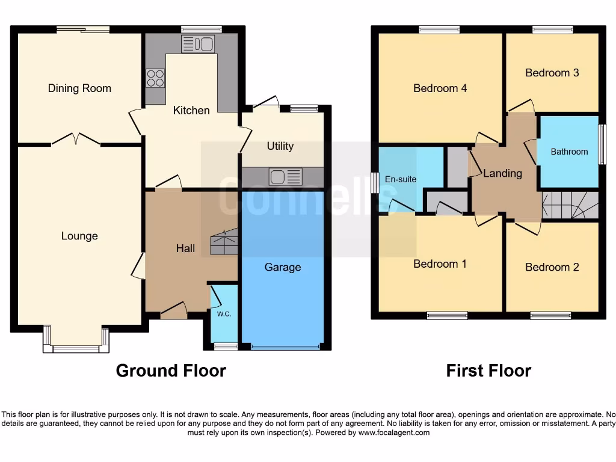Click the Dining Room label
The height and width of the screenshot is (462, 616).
[79, 88]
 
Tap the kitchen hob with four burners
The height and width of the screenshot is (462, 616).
[155, 79]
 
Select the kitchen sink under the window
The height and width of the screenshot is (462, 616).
[198, 43]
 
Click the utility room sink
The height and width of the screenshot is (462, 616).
[286, 177]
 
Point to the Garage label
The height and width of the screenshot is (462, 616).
[282, 267]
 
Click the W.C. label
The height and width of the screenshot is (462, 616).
[224, 313]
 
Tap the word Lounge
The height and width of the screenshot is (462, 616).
[79, 236]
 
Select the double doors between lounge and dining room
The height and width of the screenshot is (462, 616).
[76, 140]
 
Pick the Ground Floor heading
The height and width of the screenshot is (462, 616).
[171, 371]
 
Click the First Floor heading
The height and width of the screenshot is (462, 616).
[488, 371]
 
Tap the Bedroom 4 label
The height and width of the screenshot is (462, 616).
[440, 88]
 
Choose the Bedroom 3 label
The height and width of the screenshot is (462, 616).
[552, 73]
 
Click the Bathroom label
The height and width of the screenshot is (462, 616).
[569, 152]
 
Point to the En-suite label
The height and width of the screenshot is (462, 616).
[401, 179]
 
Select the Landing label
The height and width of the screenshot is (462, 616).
[502, 173]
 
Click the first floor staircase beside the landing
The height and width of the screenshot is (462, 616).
[570, 205]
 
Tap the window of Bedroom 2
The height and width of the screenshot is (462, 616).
[550, 315]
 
